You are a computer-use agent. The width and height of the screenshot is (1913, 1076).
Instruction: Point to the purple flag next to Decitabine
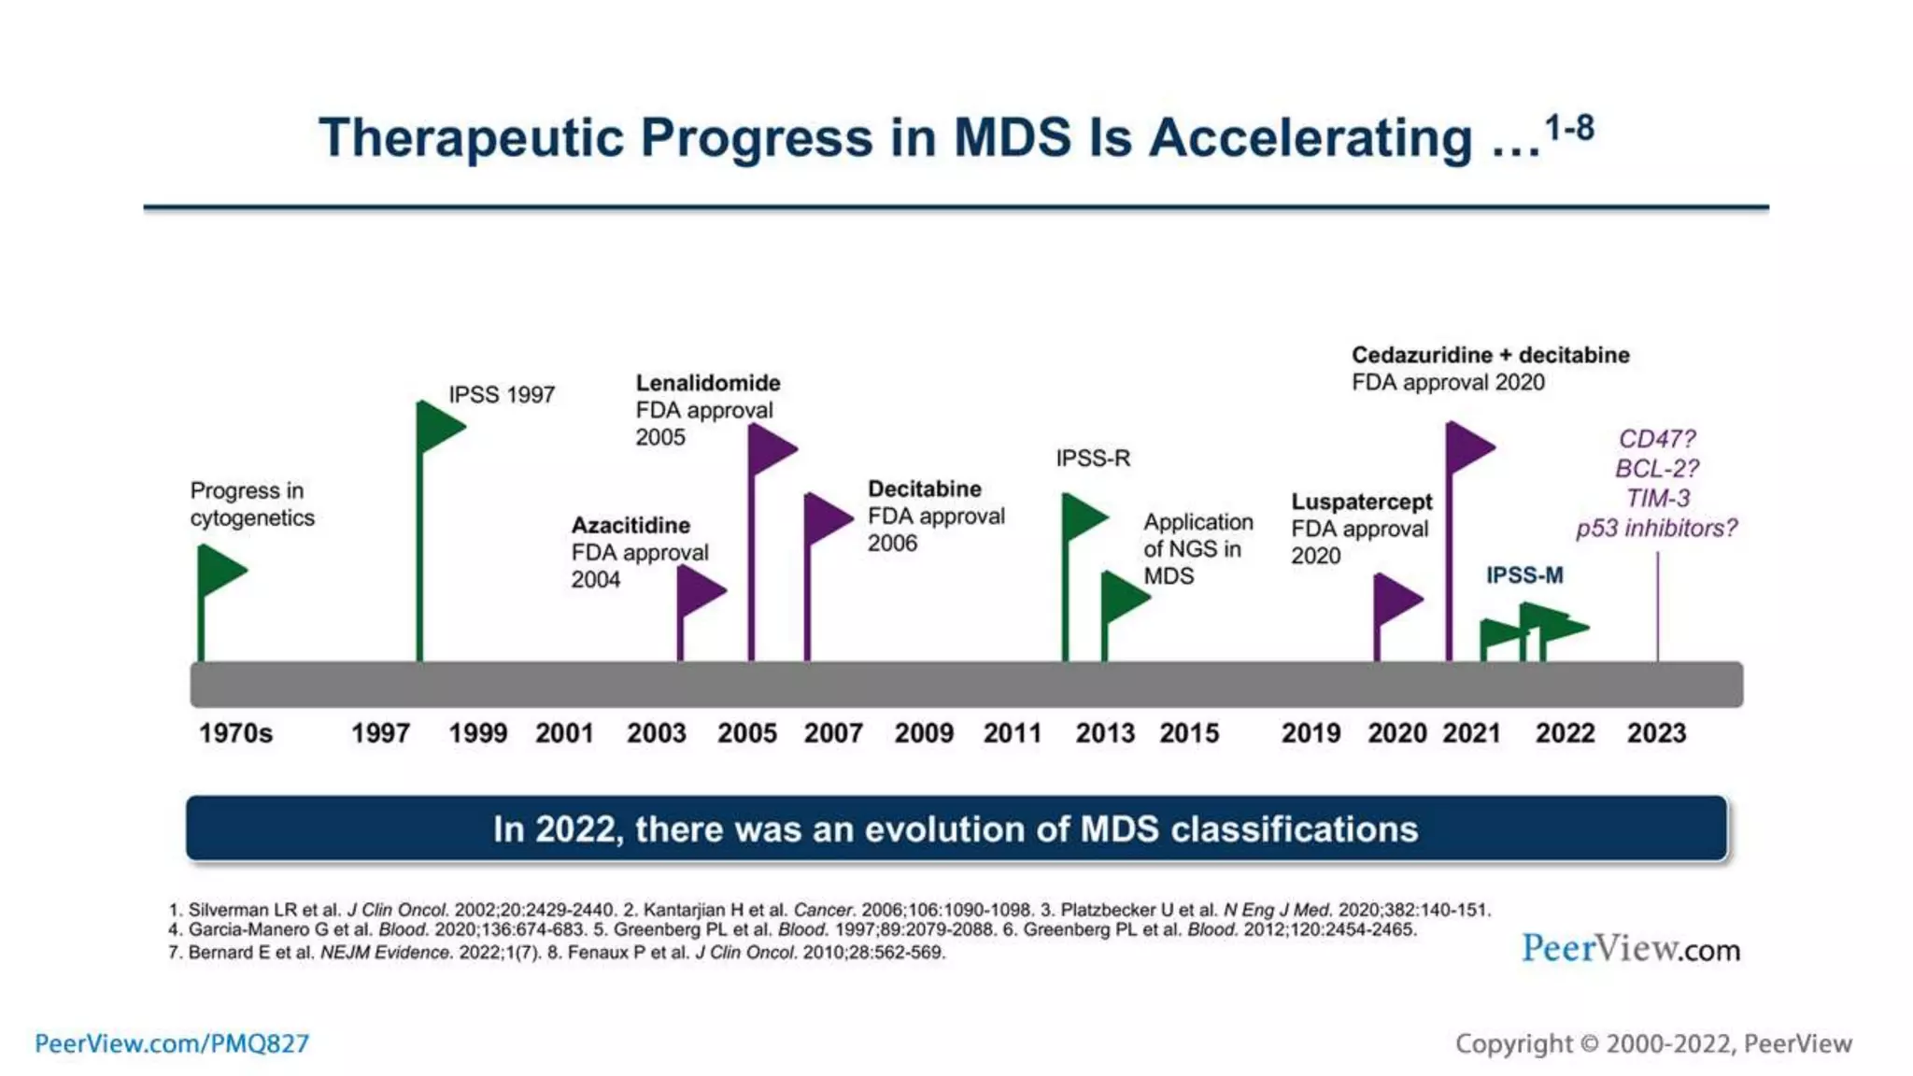tap(826, 517)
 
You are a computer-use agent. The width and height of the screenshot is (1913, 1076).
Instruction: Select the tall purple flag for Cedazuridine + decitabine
tap(1467, 446)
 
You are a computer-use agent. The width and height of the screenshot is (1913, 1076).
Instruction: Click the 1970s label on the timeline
tap(235, 733)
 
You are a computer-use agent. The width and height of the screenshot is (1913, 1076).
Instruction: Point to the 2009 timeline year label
tap(924, 733)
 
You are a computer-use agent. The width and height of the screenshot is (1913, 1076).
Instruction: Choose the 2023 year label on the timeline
tap(1656, 733)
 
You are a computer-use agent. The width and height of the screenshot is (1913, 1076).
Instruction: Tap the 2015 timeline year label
tap(1189, 733)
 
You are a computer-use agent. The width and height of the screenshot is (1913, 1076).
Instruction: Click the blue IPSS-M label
tap(1524, 575)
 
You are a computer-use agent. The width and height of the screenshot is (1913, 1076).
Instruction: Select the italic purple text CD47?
tap(1656, 439)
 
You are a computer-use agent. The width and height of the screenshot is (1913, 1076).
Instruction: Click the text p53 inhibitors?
tap(1656, 529)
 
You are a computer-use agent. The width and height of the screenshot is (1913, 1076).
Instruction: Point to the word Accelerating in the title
tap(1310, 138)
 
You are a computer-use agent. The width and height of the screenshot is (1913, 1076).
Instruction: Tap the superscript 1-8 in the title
tap(1569, 128)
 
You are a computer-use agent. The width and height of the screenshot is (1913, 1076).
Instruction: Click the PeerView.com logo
tap(1630, 949)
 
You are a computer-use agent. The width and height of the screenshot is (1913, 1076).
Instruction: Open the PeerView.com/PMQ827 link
tap(172, 1043)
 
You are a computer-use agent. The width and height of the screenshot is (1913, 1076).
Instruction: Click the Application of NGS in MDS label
tap(1197, 548)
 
